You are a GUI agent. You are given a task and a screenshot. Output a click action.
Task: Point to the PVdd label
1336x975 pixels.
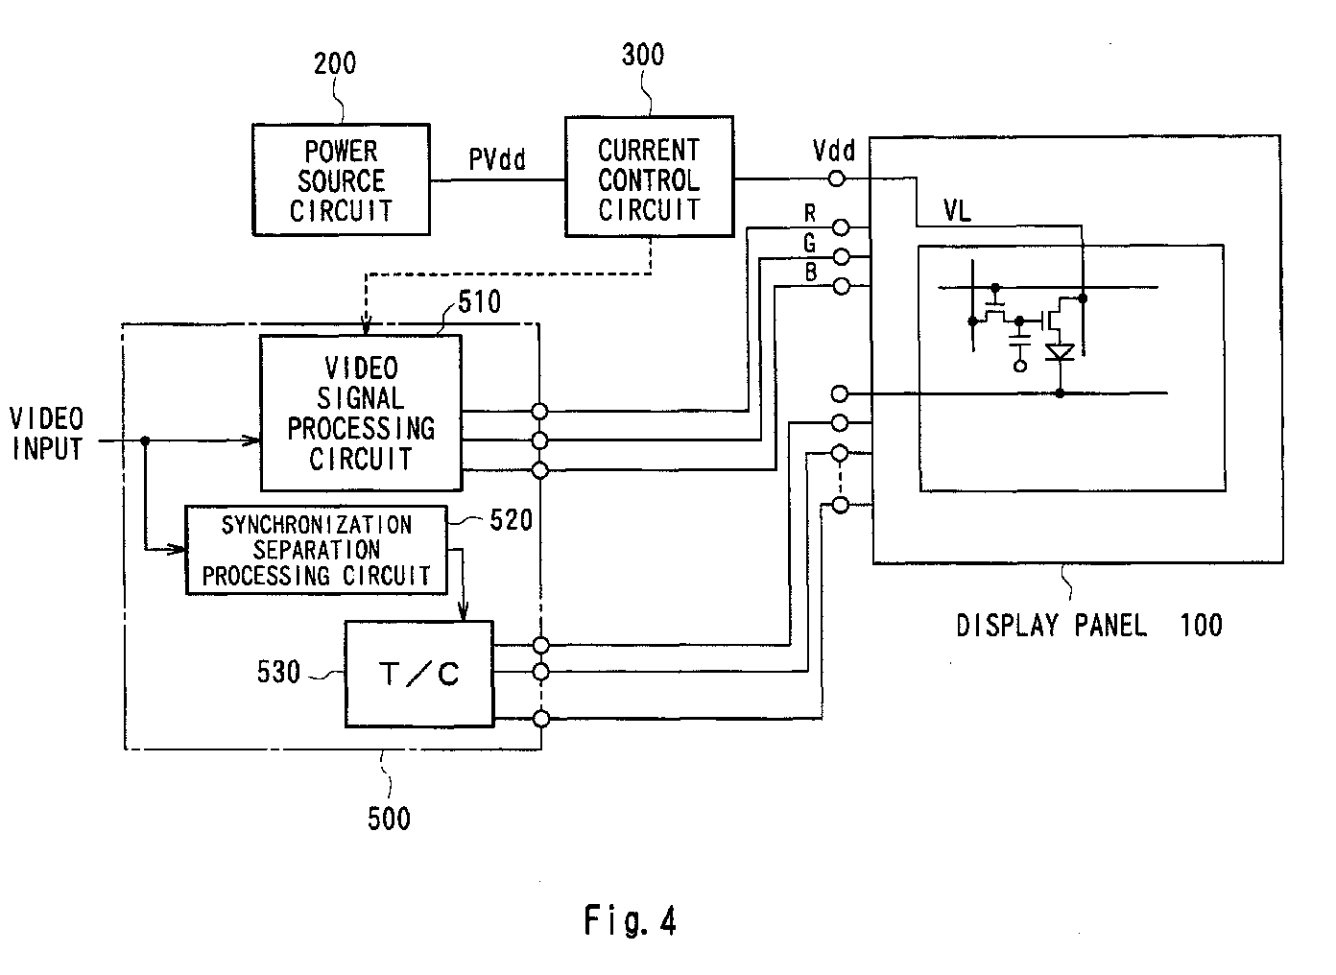(x=497, y=159)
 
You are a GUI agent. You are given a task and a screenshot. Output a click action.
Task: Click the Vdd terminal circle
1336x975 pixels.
(x=837, y=178)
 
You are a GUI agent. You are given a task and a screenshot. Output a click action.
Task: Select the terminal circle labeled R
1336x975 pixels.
(x=841, y=227)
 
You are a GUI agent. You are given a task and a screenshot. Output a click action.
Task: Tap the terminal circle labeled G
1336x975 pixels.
(x=841, y=256)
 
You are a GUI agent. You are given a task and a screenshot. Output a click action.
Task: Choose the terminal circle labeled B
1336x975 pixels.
(x=841, y=286)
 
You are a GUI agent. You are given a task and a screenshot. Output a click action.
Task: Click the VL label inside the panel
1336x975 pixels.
(x=957, y=210)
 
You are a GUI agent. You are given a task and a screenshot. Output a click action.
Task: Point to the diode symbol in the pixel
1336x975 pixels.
(x=1060, y=352)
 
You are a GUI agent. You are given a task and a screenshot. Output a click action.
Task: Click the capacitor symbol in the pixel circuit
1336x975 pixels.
(x=1020, y=341)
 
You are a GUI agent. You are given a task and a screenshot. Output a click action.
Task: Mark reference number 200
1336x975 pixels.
(x=335, y=63)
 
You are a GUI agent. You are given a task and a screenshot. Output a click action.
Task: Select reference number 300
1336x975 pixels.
(x=643, y=55)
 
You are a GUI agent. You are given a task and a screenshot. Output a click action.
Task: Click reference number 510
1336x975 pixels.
(x=480, y=301)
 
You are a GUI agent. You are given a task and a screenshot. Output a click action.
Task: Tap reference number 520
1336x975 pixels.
(x=512, y=520)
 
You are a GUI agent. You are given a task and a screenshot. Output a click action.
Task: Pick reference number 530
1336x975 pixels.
(x=278, y=672)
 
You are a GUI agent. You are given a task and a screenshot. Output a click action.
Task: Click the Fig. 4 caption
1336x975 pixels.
(x=630, y=920)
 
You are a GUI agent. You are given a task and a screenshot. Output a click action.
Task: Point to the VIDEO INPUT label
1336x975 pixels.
(x=46, y=434)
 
